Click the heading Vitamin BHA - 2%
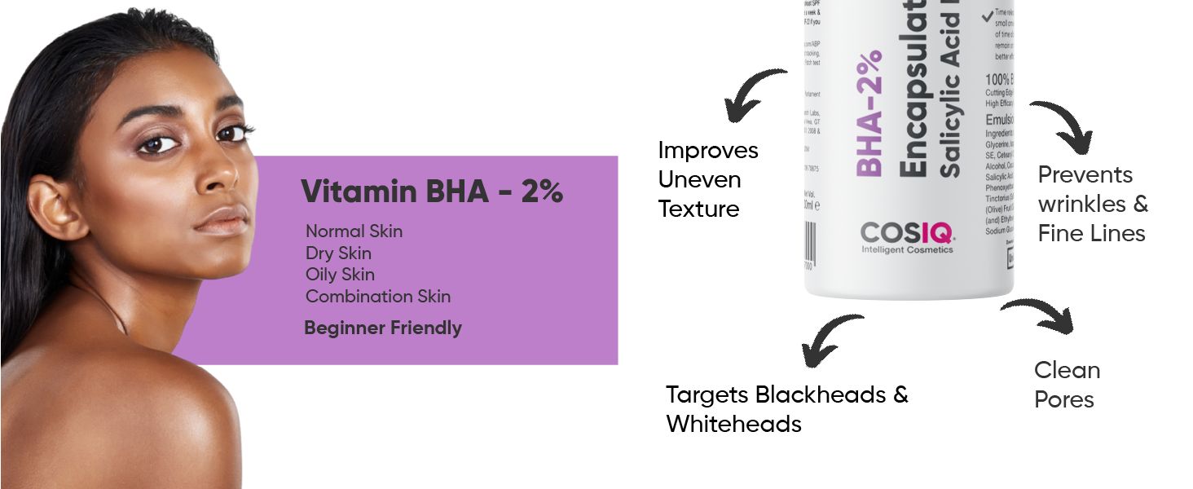pos(432,192)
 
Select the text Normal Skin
pos(354,231)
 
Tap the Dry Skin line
pos(338,253)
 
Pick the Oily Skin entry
pos(340,275)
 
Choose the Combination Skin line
pos(377,297)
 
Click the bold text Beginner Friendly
pos(382,328)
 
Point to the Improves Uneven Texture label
pos(707,180)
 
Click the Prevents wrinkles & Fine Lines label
pos(1092,204)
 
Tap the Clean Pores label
pos(1067,385)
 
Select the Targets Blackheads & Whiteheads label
pos(786,409)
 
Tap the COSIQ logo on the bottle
pos(907,233)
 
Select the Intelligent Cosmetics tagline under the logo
pos(907,250)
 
